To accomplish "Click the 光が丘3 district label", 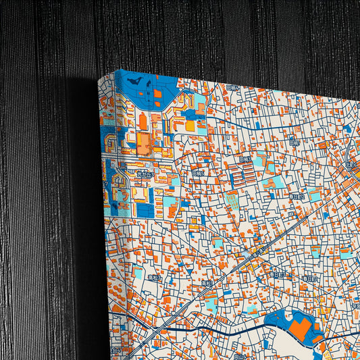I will [x=145, y=174].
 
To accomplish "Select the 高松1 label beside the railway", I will [x=207, y=283].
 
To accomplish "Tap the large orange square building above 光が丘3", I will [x=144, y=142].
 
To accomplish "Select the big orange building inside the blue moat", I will [x=297, y=329].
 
